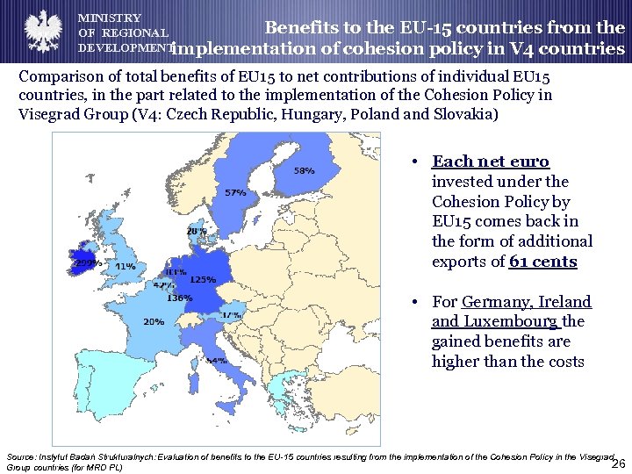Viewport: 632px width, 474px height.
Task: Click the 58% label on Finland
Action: (305, 170)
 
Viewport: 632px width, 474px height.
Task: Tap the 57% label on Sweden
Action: (235, 192)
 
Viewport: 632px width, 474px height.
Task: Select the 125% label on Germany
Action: (203, 279)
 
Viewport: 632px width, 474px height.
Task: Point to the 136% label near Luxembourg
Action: (179, 298)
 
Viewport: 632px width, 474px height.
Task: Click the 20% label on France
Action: (154, 321)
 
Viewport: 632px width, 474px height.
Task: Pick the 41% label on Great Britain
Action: (125, 266)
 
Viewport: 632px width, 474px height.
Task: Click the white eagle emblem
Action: (40, 32)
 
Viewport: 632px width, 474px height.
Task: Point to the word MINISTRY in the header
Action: (110, 18)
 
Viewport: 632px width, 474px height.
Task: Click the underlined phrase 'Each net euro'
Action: (491, 162)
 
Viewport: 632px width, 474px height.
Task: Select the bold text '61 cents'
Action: (543, 262)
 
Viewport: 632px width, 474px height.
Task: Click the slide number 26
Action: (617, 463)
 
